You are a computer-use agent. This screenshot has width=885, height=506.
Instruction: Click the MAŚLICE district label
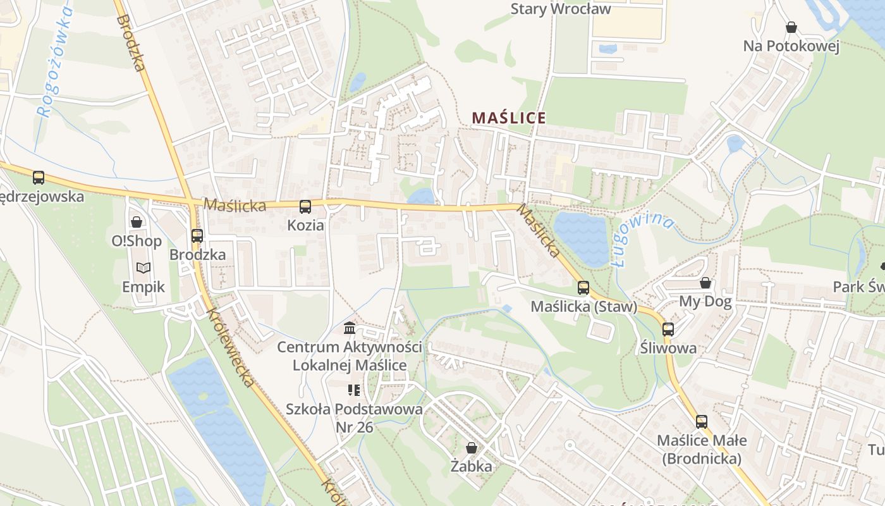coord(509,118)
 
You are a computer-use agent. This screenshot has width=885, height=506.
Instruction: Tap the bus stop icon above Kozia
coord(305,206)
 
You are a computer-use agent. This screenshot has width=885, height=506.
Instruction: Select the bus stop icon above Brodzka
coord(197,236)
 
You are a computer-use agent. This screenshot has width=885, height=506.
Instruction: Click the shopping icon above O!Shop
coord(136,222)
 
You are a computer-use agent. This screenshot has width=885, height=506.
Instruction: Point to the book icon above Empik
coord(143,268)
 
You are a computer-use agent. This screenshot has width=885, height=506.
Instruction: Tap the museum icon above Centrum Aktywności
coord(349,328)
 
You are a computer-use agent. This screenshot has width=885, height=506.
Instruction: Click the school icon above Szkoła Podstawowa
coord(353,390)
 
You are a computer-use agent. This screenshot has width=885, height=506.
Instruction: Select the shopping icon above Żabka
coord(471,448)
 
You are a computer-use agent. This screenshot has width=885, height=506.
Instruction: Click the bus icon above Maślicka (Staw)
coord(583,288)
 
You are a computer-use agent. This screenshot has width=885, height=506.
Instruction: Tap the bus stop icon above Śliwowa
coord(668,329)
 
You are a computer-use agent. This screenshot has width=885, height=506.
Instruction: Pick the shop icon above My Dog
coord(705,282)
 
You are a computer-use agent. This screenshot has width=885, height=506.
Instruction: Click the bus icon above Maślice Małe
coord(701,421)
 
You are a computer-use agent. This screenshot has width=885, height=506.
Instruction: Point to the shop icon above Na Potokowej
coord(791,27)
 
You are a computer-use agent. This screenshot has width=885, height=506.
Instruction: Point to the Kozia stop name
coord(305,225)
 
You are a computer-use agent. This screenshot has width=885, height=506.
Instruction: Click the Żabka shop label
coord(471,467)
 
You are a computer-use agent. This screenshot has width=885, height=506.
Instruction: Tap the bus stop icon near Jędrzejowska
coord(39,178)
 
